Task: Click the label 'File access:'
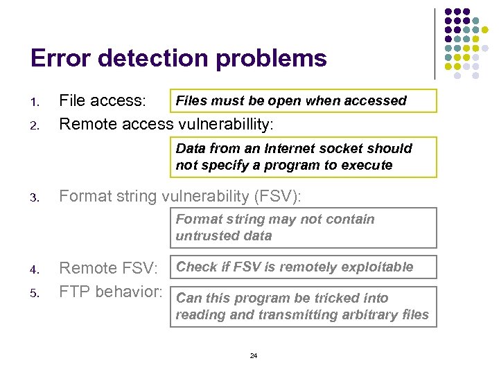tap(103, 101)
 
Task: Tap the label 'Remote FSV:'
tap(109, 268)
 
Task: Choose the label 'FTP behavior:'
tap(111, 292)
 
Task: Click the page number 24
tap(253, 355)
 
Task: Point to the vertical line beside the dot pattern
tap(435, 43)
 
